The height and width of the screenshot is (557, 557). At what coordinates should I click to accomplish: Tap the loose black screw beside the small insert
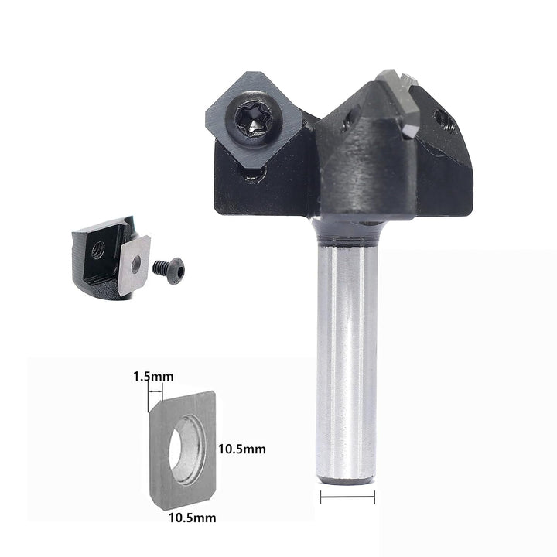pyautogui.click(x=169, y=271)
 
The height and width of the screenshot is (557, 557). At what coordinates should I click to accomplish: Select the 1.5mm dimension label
pyautogui.click(x=153, y=377)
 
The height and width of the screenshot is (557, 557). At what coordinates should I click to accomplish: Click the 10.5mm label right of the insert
pyautogui.click(x=242, y=449)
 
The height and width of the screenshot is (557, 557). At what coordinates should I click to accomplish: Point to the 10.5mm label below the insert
pyautogui.click(x=192, y=518)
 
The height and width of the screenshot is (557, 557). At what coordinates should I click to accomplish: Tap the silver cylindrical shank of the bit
pyautogui.click(x=347, y=362)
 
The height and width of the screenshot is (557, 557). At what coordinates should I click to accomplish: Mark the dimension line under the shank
pyautogui.click(x=347, y=497)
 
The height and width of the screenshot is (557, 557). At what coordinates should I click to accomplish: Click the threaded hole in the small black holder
pyautogui.click(x=98, y=250)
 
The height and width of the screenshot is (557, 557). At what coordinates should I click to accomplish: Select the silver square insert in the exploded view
pyautogui.click(x=134, y=265)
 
